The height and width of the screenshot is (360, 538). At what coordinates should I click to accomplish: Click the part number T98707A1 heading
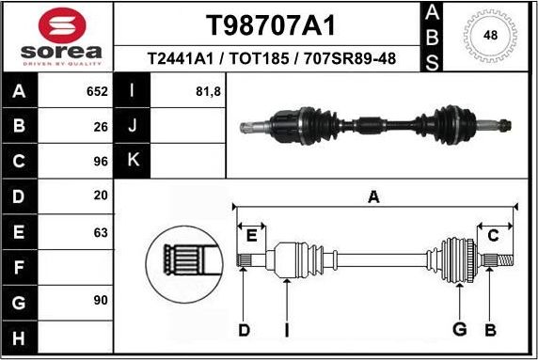pyautogui.click(x=271, y=24)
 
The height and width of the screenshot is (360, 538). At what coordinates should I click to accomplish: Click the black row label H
pyautogui.click(x=20, y=337)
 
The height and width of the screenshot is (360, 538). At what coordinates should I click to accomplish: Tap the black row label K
pyautogui.click(x=133, y=161)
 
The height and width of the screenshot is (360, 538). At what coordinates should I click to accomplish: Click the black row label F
pyautogui.click(x=20, y=266)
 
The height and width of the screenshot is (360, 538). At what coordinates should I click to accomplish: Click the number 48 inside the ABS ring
pyautogui.click(x=490, y=35)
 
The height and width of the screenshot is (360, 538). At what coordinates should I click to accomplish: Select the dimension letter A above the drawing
pyautogui.click(x=373, y=196)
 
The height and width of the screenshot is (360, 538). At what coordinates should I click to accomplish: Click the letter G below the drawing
pyautogui.click(x=459, y=329)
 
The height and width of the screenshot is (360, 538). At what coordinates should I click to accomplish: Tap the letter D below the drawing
pyautogui.click(x=244, y=329)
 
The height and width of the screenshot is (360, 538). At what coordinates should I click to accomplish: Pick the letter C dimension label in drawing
pyautogui.click(x=492, y=235)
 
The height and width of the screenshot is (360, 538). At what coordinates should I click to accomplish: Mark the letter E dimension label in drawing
pyautogui.click(x=251, y=235)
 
